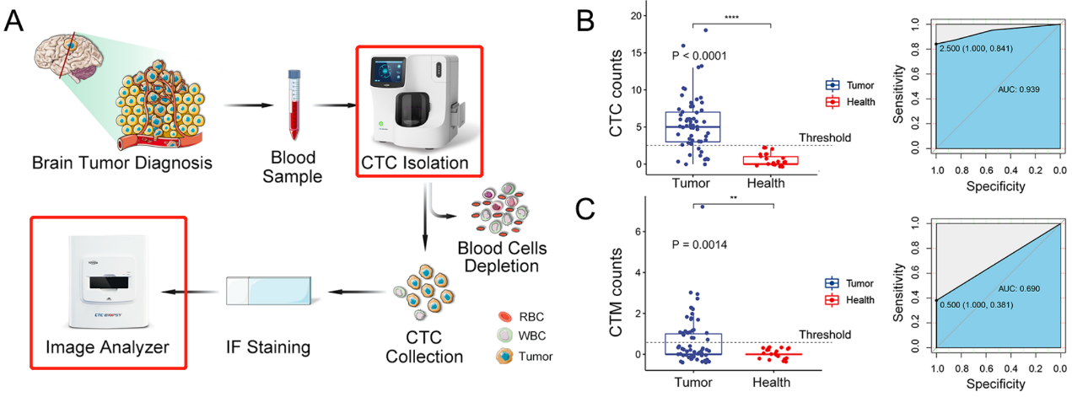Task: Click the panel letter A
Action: coord(16,20)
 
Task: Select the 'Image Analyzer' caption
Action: coord(108,346)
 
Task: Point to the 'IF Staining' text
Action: coord(269,346)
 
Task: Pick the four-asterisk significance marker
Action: coord(731,17)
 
